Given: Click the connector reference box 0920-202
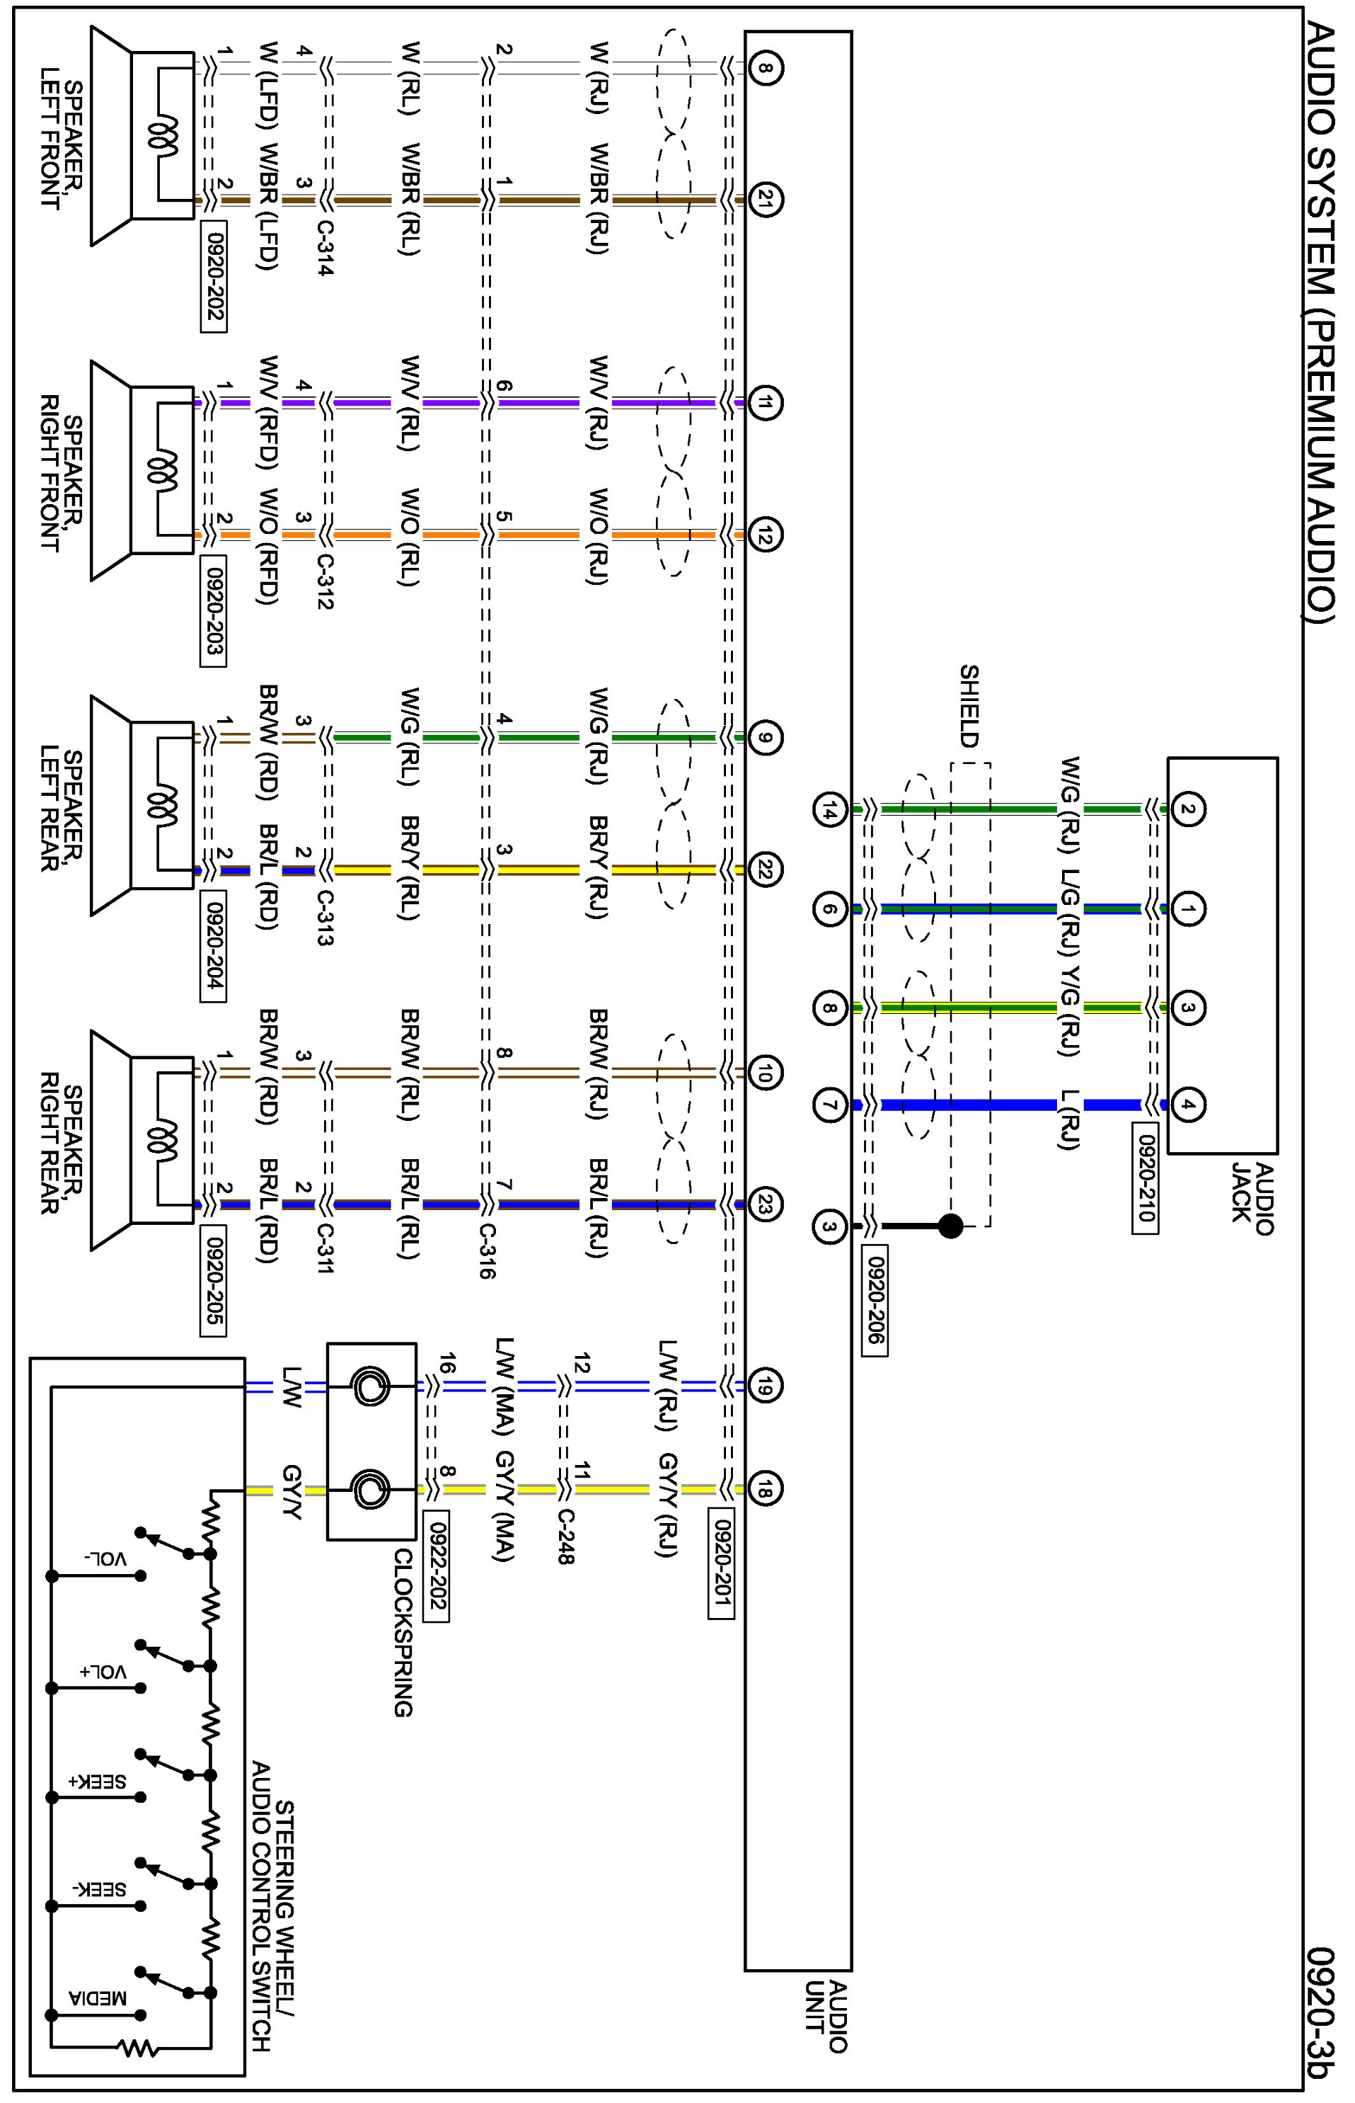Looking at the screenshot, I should pos(214,278).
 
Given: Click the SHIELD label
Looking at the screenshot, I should pos(969,706).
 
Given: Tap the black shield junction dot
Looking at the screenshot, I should pos(950,1226).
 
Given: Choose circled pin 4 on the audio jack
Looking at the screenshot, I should pos(1187,1105).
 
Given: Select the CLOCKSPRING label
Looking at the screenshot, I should pos(403,1633).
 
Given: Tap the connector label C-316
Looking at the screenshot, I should pos(487,1250).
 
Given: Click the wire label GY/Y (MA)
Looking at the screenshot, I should pos(503,1506).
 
